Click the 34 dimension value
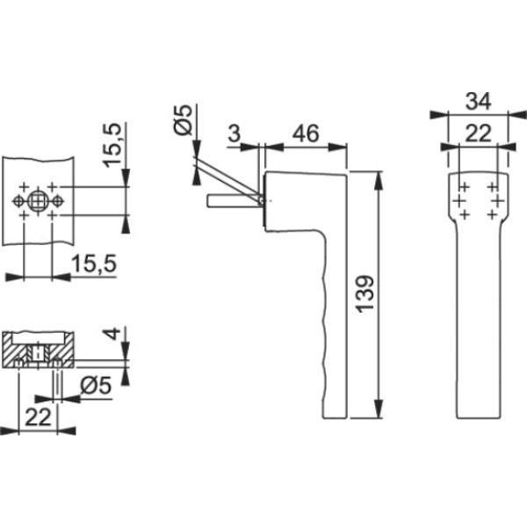click(x=478, y=101)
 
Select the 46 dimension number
click(x=306, y=134)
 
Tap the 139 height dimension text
click(x=365, y=294)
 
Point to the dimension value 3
click(x=235, y=134)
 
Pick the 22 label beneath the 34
click(x=478, y=134)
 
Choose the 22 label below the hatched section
click(x=38, y=417)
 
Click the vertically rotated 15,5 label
click(x=112, y=145)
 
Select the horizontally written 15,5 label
click(x=94, y=263)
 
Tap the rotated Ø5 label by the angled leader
click(x=184, y=119)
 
